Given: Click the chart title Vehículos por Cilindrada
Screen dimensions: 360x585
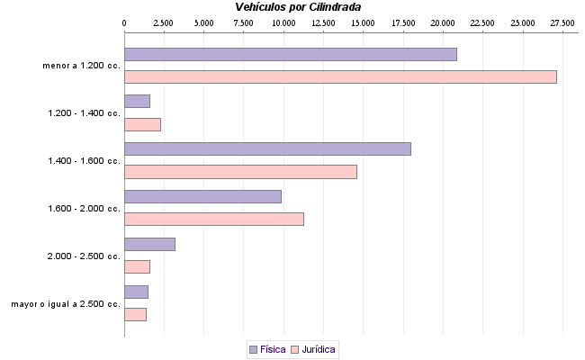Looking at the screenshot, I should tap(297, 7).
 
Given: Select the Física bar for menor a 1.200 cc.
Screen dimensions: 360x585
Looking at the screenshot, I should tap(290, 54).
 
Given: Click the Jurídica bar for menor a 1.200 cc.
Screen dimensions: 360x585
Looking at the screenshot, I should tap(340, 76).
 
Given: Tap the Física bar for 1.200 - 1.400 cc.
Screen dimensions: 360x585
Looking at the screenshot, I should tap(137, 102).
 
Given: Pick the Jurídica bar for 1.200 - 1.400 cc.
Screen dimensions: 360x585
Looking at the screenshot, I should tap(142, 124).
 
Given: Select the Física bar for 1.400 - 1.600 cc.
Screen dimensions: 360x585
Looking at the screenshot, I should tap(267, 148).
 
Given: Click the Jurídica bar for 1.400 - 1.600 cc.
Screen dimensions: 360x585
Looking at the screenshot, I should tap(240, 172).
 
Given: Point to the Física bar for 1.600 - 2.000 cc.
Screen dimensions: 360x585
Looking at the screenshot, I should tap(202, 196).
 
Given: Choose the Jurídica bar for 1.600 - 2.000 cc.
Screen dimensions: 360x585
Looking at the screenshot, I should tap(214, 219).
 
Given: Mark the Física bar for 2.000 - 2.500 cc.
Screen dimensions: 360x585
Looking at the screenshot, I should tap(149, 244).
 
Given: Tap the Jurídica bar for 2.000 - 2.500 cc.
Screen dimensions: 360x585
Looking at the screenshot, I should tap(137, 266).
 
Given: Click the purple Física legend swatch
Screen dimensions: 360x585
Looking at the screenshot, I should tap(253, 348).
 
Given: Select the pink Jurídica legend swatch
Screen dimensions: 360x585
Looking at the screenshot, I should tap(294, 348).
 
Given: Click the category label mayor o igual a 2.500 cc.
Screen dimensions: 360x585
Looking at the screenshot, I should tap(66, 304).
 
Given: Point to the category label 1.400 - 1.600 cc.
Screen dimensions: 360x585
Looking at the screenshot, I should tap(84, 161).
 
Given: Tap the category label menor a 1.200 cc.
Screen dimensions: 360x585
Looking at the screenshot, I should tap(81, 66).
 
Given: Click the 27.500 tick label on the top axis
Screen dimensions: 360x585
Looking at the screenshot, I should tap(562, 22).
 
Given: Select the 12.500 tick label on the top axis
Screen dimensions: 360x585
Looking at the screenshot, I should tap(323, 22).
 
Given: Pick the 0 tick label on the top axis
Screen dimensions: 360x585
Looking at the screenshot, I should tap(124, 22).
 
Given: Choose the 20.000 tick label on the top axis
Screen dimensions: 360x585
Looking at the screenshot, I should tap(443, 22).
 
